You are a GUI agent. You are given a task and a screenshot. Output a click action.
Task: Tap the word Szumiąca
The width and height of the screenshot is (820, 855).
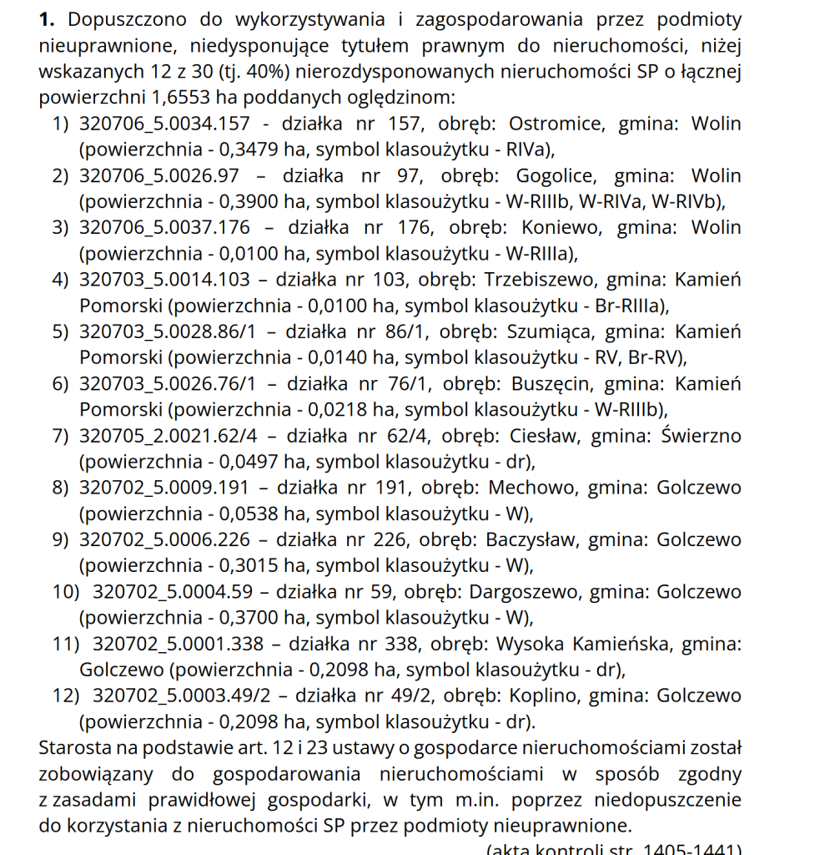[550, 331]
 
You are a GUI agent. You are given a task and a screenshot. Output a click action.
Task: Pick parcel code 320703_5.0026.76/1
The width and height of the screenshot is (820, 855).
[167, 384]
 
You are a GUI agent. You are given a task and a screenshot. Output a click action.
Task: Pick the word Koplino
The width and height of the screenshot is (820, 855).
[546, 696]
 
